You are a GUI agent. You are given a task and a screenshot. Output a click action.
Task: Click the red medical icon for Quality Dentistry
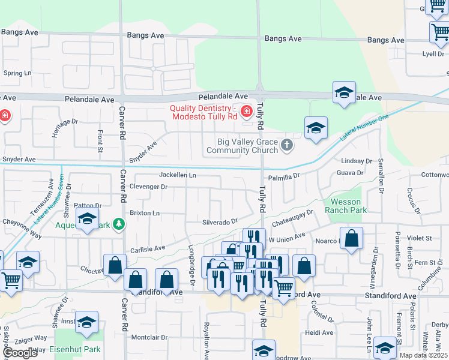pos(246,111)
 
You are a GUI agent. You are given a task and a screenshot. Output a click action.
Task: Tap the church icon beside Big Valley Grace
pos(288,145)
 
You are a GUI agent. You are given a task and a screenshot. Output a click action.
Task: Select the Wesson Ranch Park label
pos(345,206)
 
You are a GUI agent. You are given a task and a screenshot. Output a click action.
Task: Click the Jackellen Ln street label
pos(177,175)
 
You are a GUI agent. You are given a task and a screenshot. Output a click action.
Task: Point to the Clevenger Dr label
pos(148,187)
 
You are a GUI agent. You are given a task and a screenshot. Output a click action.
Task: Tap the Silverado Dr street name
pos(220,221)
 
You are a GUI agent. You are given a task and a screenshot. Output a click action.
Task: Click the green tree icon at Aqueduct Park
pos(119,225)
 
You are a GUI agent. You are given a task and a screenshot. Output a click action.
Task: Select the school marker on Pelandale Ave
pos(344,93)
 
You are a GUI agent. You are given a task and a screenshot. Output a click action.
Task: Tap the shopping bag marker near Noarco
pos(352,239)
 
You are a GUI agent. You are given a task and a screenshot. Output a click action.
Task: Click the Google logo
pos(20,353)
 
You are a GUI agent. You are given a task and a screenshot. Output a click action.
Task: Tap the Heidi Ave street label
pos(319,332)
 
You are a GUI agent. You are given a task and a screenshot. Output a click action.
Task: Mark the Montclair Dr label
pos(149,337)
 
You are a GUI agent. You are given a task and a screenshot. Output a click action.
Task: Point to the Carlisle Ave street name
pos(148,248)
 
